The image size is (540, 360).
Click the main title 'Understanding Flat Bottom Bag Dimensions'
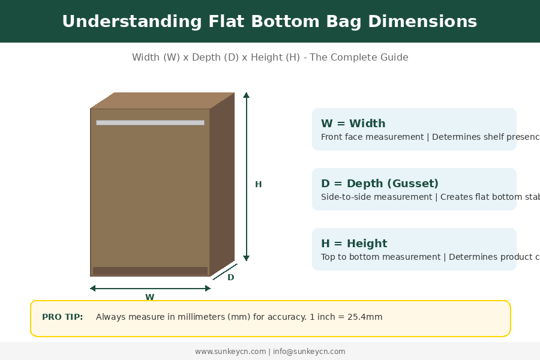[269, 22]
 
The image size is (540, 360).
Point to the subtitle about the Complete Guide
[270, 58]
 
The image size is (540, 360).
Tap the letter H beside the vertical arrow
[258, 184]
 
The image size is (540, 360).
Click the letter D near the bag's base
[230, 277]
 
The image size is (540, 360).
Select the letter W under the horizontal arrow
[149, 297]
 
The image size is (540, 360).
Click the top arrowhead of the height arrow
[246, 95]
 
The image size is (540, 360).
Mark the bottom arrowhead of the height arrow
[246, 258]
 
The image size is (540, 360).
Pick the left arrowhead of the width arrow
[93, 289]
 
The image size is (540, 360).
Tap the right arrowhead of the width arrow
[208, 289]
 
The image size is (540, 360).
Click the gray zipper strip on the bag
[150, 123]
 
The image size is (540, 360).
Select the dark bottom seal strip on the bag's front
[150, 271]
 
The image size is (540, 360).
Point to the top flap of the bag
[162, 100]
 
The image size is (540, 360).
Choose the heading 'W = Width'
[353, 124]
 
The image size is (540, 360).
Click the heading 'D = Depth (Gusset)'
[380, 184]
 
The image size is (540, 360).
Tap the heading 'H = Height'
[354, 244]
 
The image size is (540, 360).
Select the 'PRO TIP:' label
[62, 317]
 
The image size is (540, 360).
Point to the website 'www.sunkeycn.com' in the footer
[230, 352]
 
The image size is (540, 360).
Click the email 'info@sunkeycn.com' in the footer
[309, 352]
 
